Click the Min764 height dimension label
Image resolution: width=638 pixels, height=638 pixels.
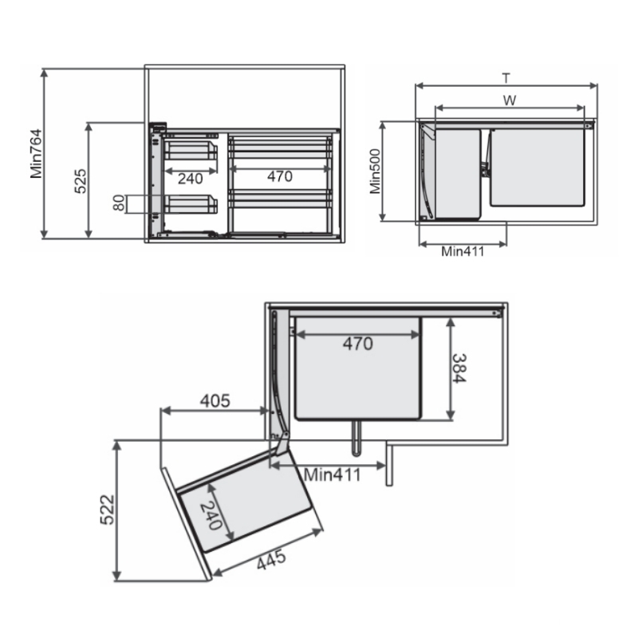[36, 154]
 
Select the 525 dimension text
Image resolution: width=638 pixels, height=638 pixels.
[81, 181]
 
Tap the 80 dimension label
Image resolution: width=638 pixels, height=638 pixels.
[119, 203]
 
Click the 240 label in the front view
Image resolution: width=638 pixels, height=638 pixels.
[190, 178]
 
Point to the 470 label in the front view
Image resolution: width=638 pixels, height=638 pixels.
[280, 176]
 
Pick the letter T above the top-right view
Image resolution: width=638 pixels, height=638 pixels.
[506, 77]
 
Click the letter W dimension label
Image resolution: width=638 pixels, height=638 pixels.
[510, 100]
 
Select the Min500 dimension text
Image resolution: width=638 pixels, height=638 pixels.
[375, 171]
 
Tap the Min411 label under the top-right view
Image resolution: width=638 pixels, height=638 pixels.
[463, 251]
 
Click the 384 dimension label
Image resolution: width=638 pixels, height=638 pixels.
[459, 368]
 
